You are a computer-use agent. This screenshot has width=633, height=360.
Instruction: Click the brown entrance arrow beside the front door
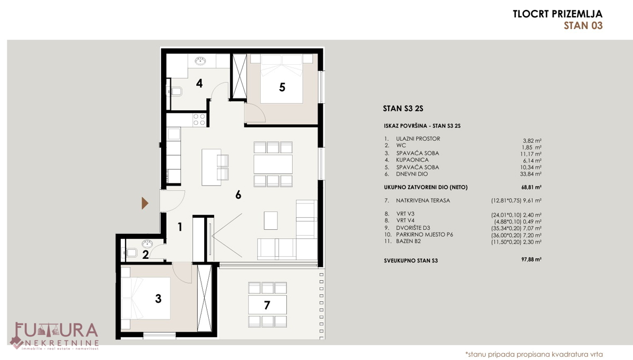click(145, 203)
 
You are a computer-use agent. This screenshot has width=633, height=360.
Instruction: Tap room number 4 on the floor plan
click(199, 84)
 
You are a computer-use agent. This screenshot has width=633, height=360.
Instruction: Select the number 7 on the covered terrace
click(267, 305)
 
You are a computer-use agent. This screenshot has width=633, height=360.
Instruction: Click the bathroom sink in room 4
click(200, 61)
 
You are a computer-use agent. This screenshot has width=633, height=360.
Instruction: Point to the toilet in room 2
click(130, 252)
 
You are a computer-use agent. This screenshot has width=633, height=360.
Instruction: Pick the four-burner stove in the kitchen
click(199, 120)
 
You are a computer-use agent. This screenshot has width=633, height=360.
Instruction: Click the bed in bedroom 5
click(282, 79)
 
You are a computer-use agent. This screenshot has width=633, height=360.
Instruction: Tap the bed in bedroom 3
click(146, 298)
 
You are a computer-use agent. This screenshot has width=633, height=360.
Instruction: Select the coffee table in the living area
click(271, 220)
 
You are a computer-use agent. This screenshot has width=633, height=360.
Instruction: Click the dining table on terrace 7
click(267, 305)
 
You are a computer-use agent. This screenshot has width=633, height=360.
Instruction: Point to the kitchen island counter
click(211, 167)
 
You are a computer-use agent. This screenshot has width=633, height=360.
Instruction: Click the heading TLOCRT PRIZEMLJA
click(558, 14)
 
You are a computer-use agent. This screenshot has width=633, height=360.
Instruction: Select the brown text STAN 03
click(583, 26)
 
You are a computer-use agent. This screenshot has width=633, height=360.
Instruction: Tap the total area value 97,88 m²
click(531, 259)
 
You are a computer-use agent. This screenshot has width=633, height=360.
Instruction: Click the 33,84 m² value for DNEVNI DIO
click(531, 174)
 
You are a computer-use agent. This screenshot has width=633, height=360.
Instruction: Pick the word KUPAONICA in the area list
click(413, 160)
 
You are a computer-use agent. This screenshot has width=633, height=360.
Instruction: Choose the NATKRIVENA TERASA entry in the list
click(423, 200)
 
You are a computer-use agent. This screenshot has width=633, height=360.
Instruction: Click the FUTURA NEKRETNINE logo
click(54, 336)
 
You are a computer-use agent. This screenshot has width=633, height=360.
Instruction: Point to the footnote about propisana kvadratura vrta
click(534, 354)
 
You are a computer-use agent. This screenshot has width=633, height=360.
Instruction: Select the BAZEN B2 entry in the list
click(408, 241)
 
